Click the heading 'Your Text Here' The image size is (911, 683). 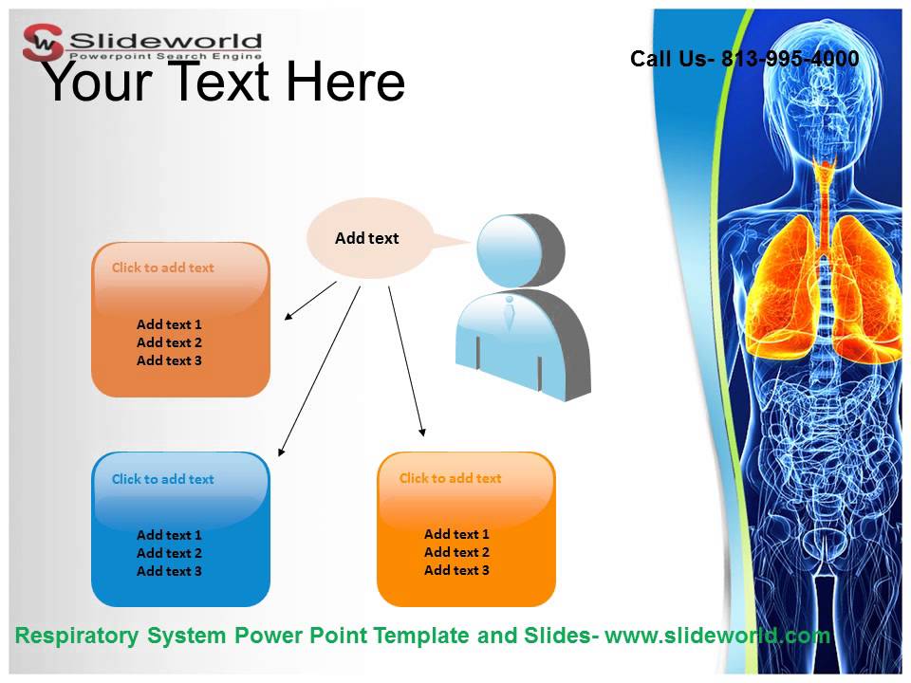pyautogui.click(x=224, y=82)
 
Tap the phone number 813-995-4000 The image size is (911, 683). pyautogui.click(x=790, y=59)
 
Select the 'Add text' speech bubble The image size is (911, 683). pyautogui.click(x=367, y=238)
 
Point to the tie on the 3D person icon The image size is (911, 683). pyautogui.click(x=510, y=312)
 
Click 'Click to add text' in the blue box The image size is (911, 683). pyautogui.click(x=163, y=479)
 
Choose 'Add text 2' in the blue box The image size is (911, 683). pyautogui.click(x=169, y=553)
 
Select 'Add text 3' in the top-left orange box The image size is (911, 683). pyautogui.click(x=169, y=360)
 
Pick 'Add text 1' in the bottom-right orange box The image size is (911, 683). pyautogui.click(x=456, y=534)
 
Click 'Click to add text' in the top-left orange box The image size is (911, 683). pyautogui.click(x=163, y=268)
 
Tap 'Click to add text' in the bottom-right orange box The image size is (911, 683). pyautogui.click(x=450, y=478)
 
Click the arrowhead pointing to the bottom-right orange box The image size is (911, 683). pyautogui.click(x=422, y=433)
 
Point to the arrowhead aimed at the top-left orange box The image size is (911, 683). pyautogui.click(x=288, y=318)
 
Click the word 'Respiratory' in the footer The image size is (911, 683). pyautogui.click(x=76, y=636)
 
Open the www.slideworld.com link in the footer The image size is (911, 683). pyautogui.click(x=717, y=636)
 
